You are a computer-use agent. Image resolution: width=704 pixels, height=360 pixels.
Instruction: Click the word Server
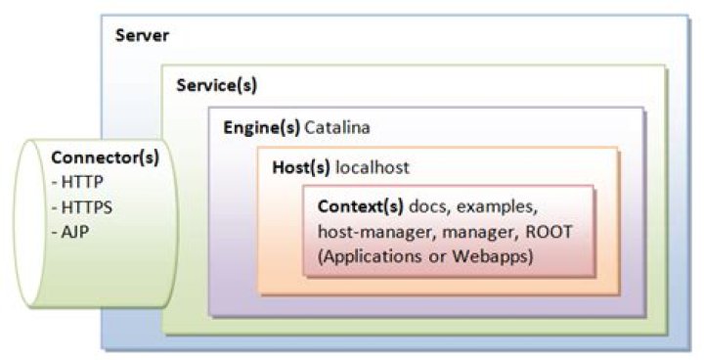[x=142, y=36]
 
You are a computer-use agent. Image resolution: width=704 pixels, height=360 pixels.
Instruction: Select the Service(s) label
[x=216, y=85]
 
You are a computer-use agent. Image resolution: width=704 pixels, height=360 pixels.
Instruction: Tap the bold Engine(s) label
[x=261, y=128]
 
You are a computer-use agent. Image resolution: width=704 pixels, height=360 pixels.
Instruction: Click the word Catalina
[x=337, y=128]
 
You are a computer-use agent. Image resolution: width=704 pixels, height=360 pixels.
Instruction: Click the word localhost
[x=373, y=168]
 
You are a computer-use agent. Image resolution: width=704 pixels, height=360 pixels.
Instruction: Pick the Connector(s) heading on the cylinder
[x=105, y=157]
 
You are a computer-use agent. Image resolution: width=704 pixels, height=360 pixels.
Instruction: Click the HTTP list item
[x=82, y=181]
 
